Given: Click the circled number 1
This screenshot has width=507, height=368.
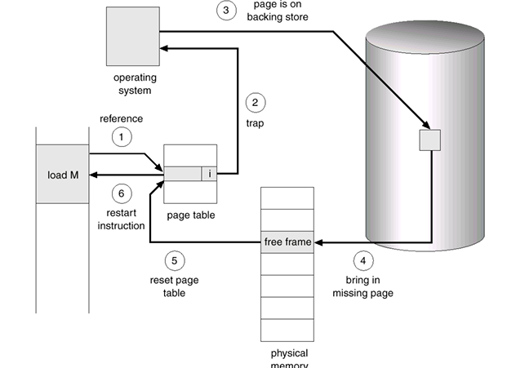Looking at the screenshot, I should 121,137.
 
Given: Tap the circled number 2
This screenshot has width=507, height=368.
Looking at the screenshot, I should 255,103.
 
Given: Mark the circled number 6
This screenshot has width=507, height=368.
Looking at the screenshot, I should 121,193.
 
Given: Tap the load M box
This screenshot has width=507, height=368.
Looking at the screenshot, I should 63,175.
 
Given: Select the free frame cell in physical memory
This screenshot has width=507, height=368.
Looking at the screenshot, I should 287,242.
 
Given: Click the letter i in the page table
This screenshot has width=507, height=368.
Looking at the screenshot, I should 211,174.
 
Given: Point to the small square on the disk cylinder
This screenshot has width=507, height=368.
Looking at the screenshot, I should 430,140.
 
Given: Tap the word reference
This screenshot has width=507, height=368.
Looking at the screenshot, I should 120,118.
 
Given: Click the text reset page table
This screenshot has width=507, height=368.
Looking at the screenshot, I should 174,286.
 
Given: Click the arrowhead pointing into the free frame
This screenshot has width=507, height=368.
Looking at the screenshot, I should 318,242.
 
